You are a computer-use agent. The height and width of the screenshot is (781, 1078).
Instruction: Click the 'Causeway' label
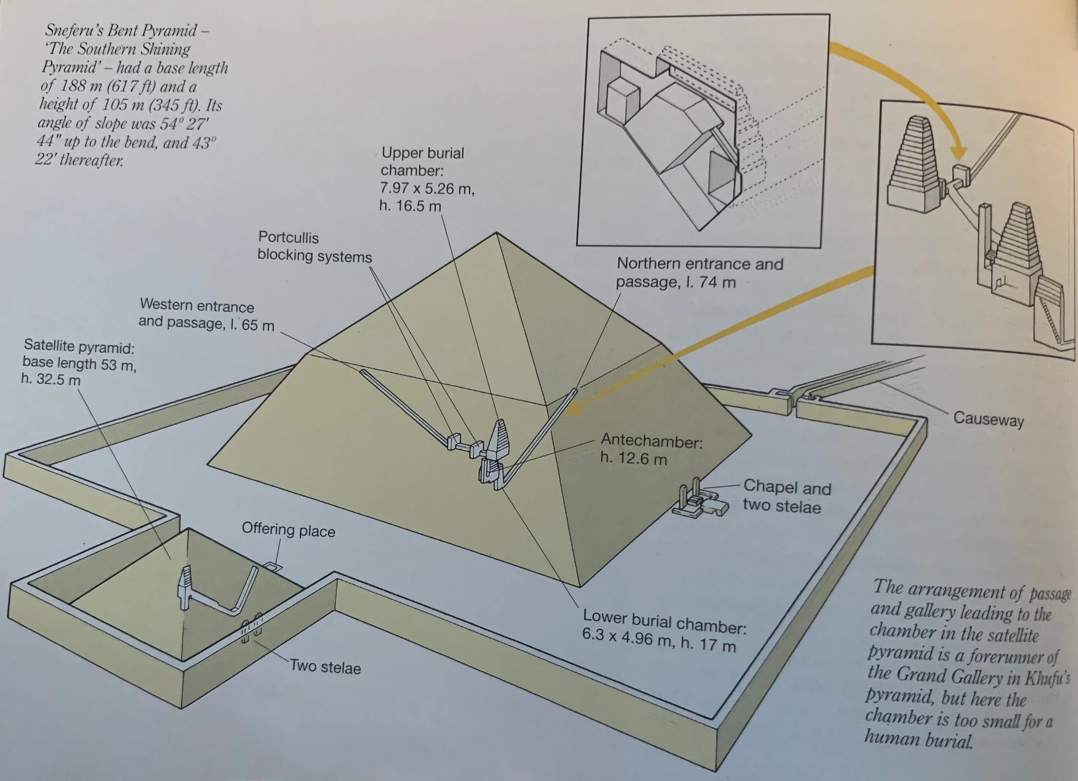[x=988, y=419]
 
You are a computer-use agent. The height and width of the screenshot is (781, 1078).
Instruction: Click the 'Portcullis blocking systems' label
[x=314, y=247]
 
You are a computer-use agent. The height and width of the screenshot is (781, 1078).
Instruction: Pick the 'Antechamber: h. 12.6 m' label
[x=651, y=449]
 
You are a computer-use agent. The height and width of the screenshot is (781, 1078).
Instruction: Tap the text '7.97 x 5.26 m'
[x=427, y=189]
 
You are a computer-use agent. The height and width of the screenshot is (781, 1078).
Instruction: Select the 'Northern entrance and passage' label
[x=699, y=273]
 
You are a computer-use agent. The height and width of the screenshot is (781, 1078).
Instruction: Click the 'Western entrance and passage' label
[x=206, y=314]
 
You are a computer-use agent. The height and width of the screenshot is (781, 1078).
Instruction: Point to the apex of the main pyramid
[x=497, y=233]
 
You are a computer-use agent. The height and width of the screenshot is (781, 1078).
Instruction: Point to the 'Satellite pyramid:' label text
[x=79, y=346]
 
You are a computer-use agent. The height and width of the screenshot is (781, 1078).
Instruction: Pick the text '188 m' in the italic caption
[x=80, y=86]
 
